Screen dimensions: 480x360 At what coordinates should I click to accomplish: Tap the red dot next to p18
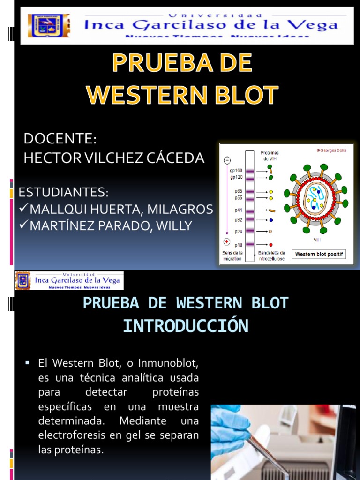point(271,245)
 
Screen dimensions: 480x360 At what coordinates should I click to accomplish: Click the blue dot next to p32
point(271,219)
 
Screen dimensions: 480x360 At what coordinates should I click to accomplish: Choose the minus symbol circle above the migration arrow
point(227,160)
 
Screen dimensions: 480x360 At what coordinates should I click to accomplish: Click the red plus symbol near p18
point(227,242)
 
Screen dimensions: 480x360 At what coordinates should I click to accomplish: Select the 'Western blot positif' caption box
point(318,255)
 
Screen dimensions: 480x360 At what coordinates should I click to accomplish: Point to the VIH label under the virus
point(317,239)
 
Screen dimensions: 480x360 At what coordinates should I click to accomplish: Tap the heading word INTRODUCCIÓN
point(185,326)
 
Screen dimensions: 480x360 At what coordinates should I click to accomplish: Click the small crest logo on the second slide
point(22,280)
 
